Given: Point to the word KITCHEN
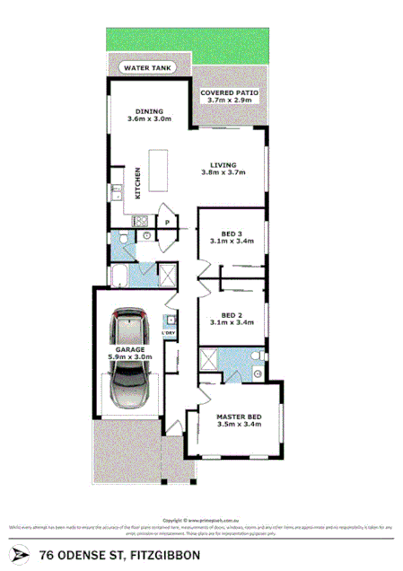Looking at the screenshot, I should [x=137, y=183].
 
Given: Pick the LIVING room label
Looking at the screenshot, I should [x=223, y=165].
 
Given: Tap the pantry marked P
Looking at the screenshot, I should [x=166, y=219].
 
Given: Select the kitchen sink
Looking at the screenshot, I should [x=118, y=191].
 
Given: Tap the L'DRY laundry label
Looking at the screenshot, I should [x=169, y=334].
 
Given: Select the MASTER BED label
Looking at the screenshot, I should [x=238, y=417].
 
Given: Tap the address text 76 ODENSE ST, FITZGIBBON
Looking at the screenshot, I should [x=120, y=555].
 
